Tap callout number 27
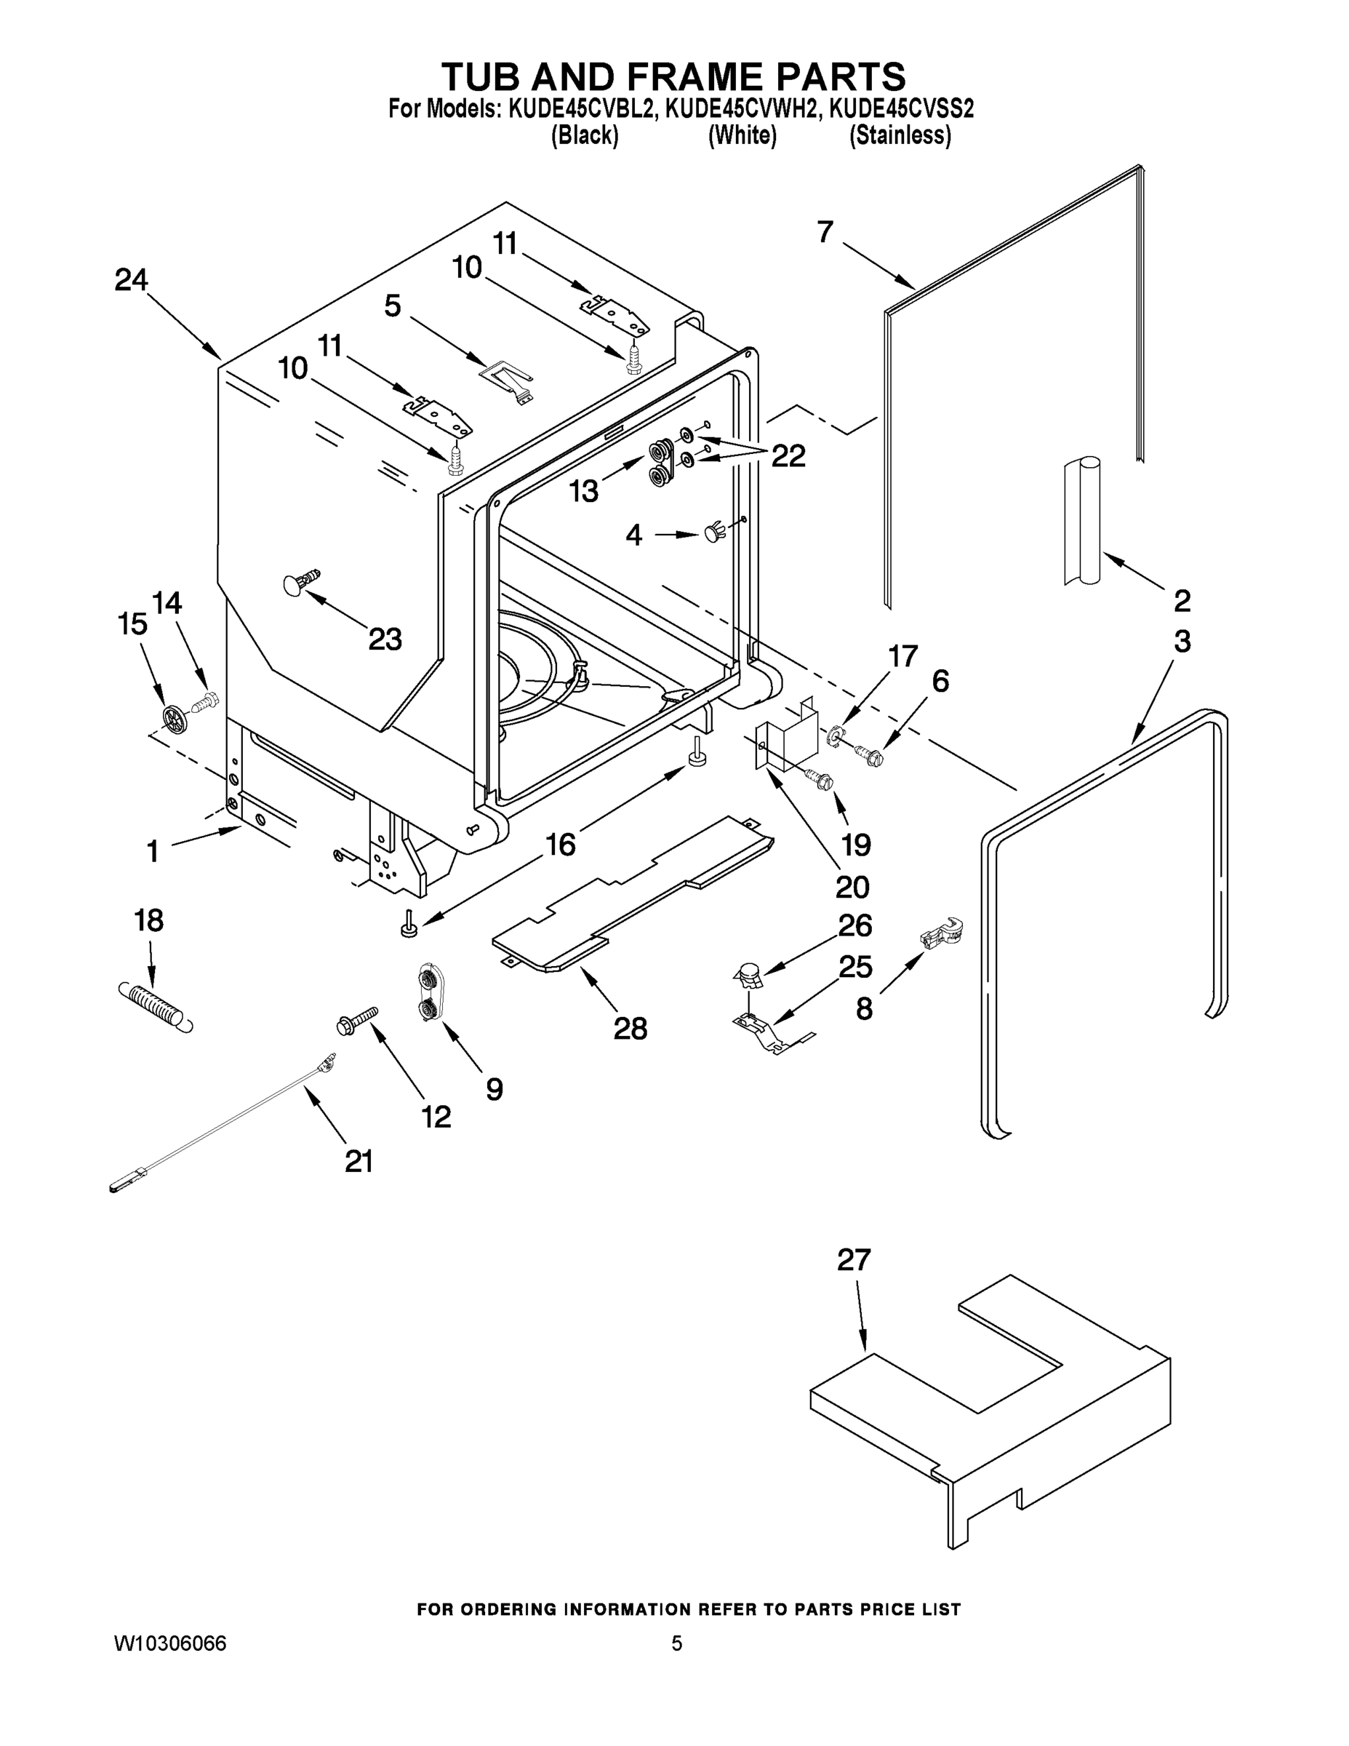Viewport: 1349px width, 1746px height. [x=853, y=1261]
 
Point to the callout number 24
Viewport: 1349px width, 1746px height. [x=131, y=280]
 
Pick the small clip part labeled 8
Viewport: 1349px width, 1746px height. [x=940, y=933]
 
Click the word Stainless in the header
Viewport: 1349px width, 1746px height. [x=900, y=135]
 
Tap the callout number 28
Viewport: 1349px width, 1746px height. [x=630, y=1028]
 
